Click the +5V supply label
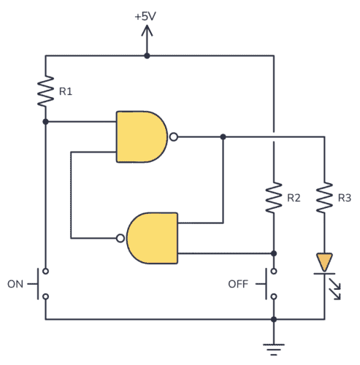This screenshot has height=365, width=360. coord(146,14)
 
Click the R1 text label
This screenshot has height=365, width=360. coord(66,92)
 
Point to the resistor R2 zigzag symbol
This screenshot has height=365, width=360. coord(273,197)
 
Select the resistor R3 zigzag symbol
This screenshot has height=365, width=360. coord(324,197)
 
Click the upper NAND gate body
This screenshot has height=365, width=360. coord(142,136)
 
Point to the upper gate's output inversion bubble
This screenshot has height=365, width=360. coord(173,136)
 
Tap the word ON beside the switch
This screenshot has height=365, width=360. coord(16,283)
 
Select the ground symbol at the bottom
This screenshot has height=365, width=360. coord(273,349)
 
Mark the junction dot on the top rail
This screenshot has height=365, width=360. coord(146,55)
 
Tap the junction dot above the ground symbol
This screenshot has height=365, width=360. coord(273,319)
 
